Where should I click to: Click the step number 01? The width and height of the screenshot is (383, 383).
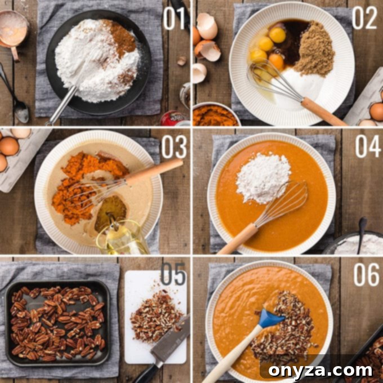click(x=175, y=18)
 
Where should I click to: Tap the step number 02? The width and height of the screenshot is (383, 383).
click(x=364, y=18)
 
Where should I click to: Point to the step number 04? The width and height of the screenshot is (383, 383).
click(x=368, y=146)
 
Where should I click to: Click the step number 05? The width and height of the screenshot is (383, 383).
click(x=173, y=274)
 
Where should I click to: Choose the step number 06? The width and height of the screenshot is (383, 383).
click(x=366, y=275)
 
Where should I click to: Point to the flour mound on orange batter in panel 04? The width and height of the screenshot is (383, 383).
click(x=263, y=178)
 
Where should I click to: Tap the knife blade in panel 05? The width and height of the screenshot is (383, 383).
click(x=171, y=340)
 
